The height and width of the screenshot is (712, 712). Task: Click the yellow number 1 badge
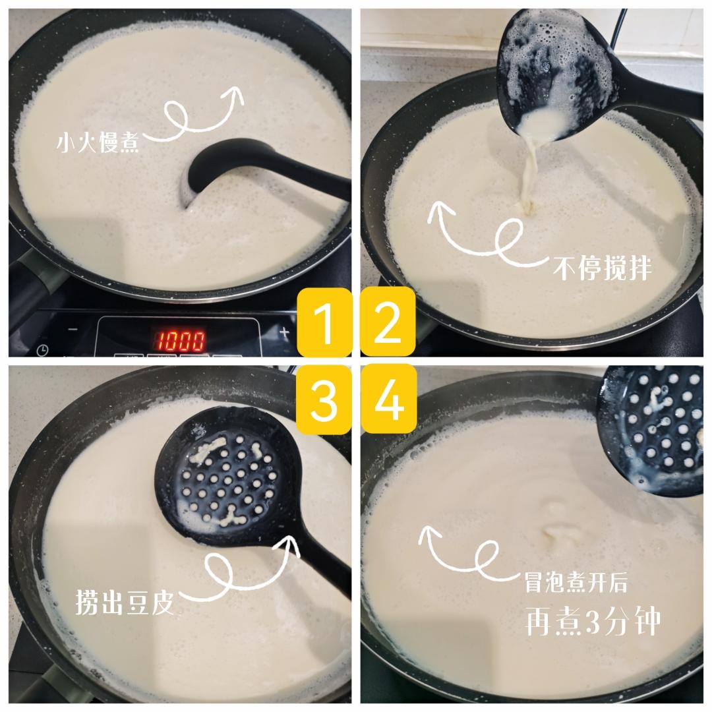[x=324, y=322]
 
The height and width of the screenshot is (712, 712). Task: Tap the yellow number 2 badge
[x=388, y=322]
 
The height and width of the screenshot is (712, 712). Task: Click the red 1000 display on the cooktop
[x=180, y=340]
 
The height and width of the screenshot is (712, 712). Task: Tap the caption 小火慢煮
[x=98, y=142]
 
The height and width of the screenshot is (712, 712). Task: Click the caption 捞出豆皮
[x=125, y=603]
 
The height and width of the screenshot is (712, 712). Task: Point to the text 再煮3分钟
[x=593, y=620]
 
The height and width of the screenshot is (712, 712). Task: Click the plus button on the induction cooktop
[x=284, y=330]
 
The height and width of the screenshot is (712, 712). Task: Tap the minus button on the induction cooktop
[x=73, y=330]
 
